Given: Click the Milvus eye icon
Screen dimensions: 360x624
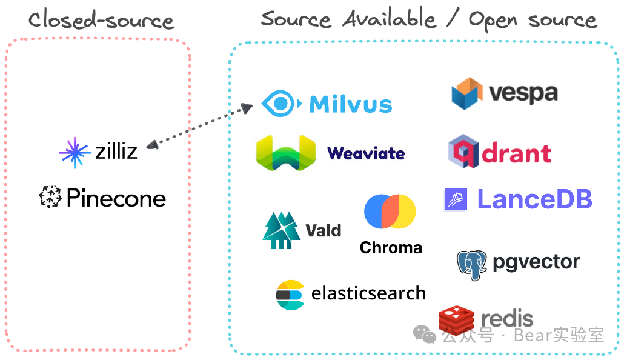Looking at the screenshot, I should [x=281, y=104].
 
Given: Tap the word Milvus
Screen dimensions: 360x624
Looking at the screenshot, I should [x=351, y=104].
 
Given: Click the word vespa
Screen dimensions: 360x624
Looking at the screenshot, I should [x=523, y=93].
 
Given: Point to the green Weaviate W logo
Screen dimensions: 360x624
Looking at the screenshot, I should [x=286, y=152].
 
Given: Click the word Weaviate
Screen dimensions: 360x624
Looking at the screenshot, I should [x=366, y=153].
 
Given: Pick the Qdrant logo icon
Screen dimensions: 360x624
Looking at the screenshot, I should [x=463, y=152].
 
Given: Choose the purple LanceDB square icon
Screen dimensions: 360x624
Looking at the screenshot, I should [x=456, y=199].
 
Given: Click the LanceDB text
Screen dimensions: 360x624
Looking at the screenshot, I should [x=534, y=199].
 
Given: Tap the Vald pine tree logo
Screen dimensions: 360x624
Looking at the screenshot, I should [x=281, y=230].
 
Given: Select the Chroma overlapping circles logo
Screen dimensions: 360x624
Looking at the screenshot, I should [x=390, y=212].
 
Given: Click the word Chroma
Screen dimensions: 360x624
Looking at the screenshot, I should [x=391, y=248].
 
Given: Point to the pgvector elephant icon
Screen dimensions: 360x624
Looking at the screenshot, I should [x=471, y=264].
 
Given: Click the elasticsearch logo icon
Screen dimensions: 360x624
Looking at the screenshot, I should [x=290, y=295].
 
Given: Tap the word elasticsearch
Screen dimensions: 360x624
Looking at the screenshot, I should [x=368, y=294].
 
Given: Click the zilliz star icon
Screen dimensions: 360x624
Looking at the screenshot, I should [x=74, y=152].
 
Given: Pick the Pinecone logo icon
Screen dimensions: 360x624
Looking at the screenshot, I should [x=50, y=198].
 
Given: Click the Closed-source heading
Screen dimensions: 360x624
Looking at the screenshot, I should [x=101, y=21].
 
